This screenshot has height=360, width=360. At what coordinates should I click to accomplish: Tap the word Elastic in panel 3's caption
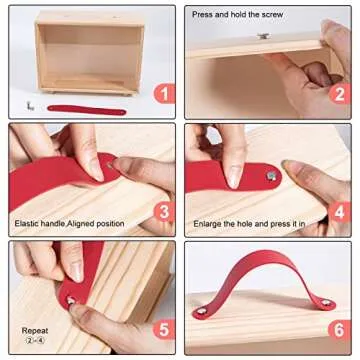27,221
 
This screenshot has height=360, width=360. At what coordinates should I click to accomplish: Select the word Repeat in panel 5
33,328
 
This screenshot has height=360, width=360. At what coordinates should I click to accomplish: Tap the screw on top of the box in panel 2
262,36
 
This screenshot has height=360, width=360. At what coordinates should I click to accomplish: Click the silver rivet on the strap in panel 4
271,176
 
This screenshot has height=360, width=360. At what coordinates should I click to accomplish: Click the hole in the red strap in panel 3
109,166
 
